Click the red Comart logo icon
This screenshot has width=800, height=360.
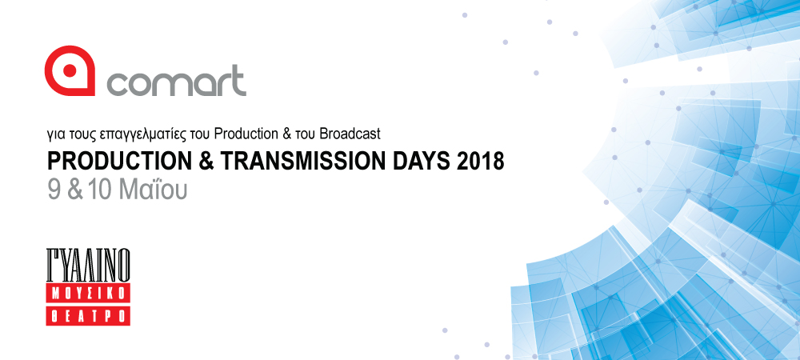pyautogui.click(x=70, y=70)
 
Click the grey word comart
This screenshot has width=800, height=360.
pyautogui.click(x=176, y=81)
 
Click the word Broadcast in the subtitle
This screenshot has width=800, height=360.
pyautogui.click(x=350, y=134)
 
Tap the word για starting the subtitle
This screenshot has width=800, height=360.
pyautogui.click(x=54, y=136)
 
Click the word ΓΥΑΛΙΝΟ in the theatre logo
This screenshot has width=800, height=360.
pyautogui.click(x=88, y=265)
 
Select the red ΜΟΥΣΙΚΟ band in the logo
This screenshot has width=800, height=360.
pyautogui.click(x=88, y=294)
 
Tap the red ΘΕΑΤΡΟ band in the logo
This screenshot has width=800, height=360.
pyautogui.click(x=88, y=316)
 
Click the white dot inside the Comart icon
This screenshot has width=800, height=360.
pyautogui.click(x=70, y=71)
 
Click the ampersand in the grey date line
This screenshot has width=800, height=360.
pyautogui.click(x=75, y=189)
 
